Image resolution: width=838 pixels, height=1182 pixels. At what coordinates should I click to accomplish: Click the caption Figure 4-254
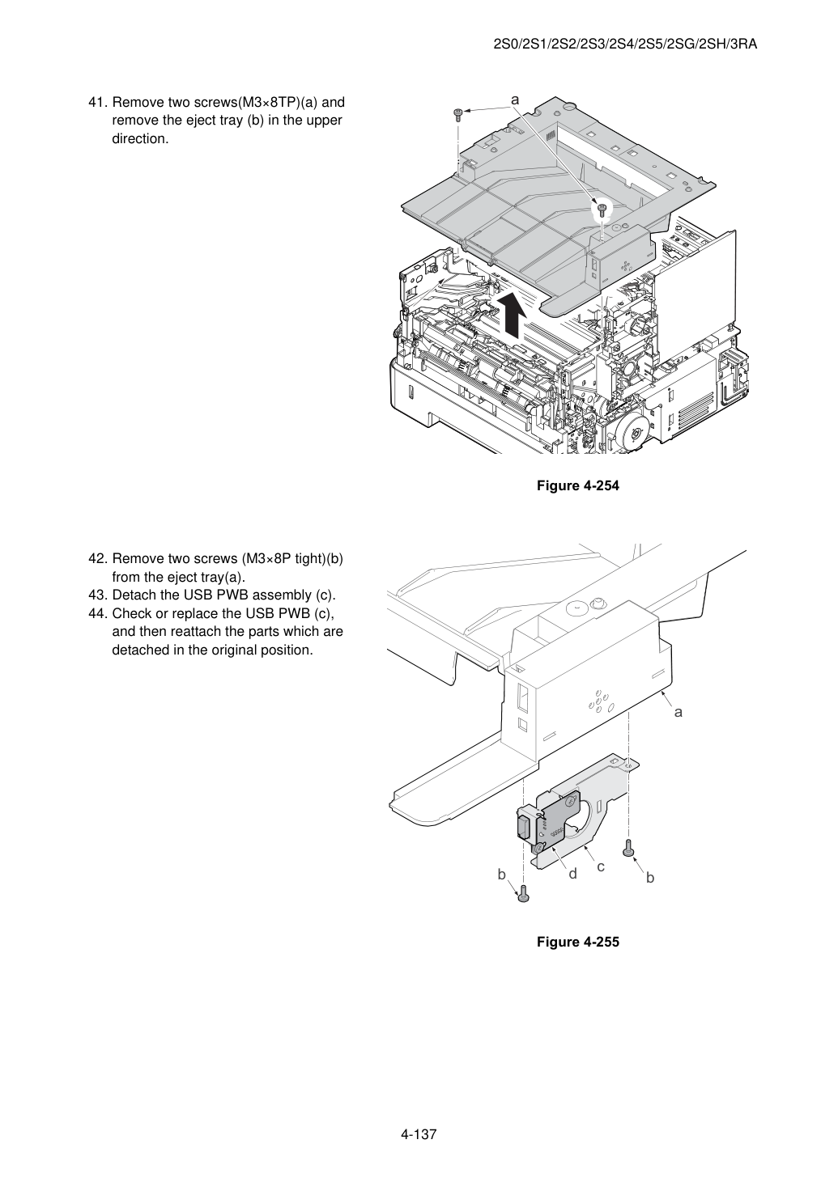tap(577, 485)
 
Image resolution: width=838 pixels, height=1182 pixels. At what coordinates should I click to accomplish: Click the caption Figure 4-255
tap(577, 942)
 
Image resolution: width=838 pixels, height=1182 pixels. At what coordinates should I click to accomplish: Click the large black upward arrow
tap(511, 315)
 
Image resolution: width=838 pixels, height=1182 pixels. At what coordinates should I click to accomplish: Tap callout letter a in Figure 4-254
tap(515, 100)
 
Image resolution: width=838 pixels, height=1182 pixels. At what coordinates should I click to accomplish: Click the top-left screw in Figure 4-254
tap(458, 115)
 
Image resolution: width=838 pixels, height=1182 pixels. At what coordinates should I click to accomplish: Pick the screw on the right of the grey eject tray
tap(601, 210)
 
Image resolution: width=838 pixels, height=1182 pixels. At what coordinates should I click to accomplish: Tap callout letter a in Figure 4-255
tap(678, 713)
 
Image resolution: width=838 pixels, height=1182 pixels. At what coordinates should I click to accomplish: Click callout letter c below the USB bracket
tap(601, 866)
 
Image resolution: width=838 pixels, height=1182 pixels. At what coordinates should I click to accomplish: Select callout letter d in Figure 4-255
tap(572, 874)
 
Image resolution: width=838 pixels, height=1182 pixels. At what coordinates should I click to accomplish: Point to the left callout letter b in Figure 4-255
tap(502, 875)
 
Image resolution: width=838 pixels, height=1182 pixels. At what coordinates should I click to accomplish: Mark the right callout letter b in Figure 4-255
tap(650, 877)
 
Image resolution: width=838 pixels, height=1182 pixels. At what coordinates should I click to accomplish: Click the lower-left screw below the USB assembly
tap(523, 894)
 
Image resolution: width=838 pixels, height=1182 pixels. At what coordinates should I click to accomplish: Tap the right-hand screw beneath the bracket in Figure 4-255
tap(627, 847)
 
